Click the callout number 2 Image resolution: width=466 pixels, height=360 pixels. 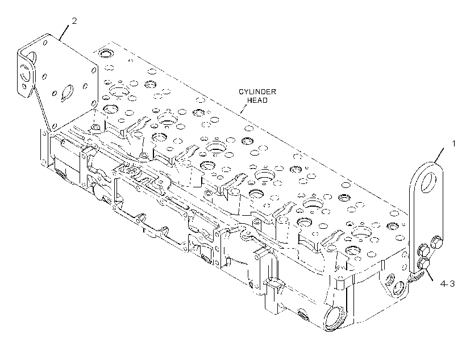[x=74, y=21]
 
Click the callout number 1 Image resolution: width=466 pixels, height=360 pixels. [x=453, y=144]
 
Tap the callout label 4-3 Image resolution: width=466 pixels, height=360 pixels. [x=447, y=284]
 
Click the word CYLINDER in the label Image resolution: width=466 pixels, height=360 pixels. [x=257, y=92]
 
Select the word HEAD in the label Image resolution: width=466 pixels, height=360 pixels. [x=257, y=101]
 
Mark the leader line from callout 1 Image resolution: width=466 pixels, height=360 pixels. [x=439, y=155]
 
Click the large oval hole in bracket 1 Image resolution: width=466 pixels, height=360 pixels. [x=428, y=182]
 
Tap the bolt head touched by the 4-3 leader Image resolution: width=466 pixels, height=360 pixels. [x=423, y=264]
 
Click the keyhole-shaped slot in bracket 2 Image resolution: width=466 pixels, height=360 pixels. [x=67, y=93]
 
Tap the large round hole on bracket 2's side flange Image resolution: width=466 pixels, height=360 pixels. [x=25, y=73]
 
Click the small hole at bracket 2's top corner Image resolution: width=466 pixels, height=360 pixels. [x=45, y=43]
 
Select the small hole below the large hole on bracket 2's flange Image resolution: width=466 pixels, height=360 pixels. [x=24, y=87]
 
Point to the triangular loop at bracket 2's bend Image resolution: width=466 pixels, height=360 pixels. [x=32, y=57]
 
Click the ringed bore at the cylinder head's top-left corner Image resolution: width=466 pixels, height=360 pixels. [x=105, y=53]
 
